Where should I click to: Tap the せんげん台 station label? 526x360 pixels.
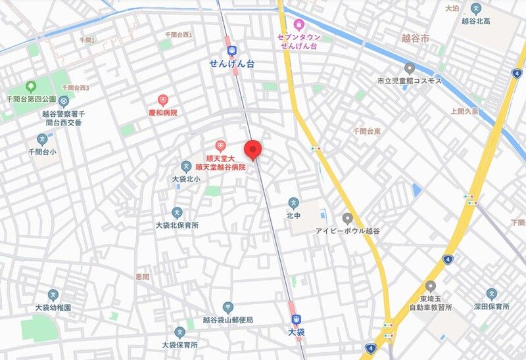pyautogui.click(x=231, y=63)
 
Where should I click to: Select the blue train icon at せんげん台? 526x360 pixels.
pyautogui.click(x=231, y=51)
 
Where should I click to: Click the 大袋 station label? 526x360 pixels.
pyautogui.click(x=297, y=333)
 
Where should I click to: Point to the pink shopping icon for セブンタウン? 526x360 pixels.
pyautogui.click(x=299, y=25)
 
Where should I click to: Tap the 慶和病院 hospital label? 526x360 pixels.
pyautogui.click(x=162, y=112)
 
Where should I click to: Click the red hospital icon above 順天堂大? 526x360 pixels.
pyautogui.click(x=220, y=145)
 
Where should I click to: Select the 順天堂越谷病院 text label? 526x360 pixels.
pyautogui.click(x=220, y=168)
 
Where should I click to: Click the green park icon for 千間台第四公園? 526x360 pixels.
pyautogui.click(x=30, y=86)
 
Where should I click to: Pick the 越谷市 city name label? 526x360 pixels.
pyautogui.click(x=415, y=39)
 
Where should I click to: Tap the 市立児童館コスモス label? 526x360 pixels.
pyautogui.click(x=410, y=81)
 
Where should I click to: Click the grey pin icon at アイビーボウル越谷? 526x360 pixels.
pyautogui.click(x=348, y=218)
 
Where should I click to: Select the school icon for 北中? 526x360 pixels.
pyautogui.click(x=293, y=202)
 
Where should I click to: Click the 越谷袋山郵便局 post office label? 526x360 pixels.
pyautogui.click(x=227, y=320)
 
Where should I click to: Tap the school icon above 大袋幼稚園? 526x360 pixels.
pyautogui.click(x=53, y=294)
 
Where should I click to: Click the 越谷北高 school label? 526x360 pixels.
pyautogui.click(x=477, y=21)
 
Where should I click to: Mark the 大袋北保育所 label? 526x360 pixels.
pyautogui.click(x=177, y=225)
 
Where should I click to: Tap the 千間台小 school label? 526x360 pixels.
pyautogui.click(x=43, y=152)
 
